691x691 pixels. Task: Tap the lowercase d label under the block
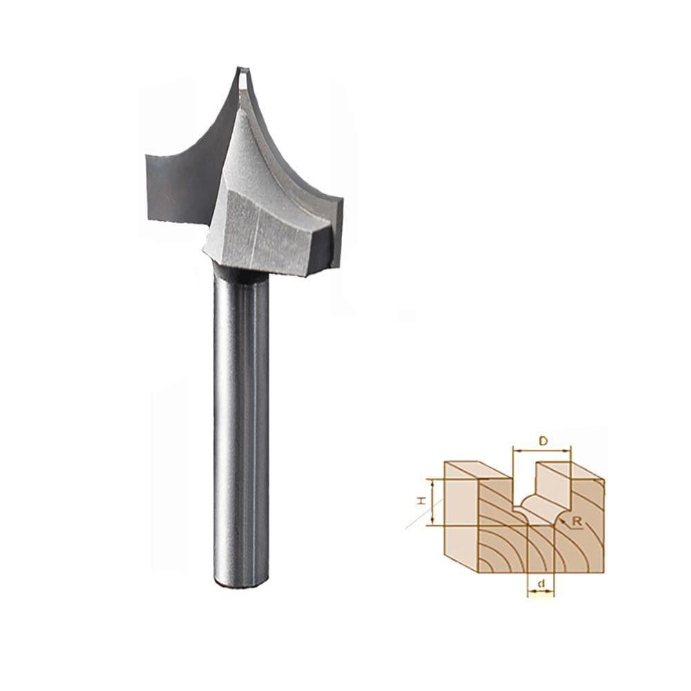tap(542, 584)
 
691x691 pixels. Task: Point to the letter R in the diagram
tap(578, 523)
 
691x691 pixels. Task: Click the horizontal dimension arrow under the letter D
tap(542, 451)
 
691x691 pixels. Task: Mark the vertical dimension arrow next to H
tap(433, 502)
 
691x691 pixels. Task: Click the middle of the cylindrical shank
tap(241, 428)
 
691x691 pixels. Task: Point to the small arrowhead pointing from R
tap(567, 519)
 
